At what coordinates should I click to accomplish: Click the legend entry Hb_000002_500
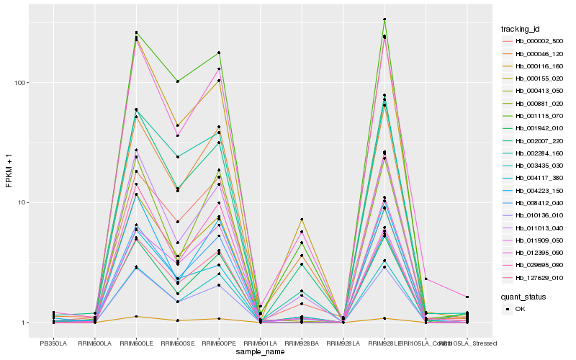[x=534, y=41]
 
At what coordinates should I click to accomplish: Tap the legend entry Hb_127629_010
[x=534, y=278]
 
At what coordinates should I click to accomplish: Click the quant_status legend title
[x=523, y=296]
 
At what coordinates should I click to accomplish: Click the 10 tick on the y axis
[x=21, y=202]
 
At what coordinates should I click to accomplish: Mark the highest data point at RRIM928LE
[x=384, y=19]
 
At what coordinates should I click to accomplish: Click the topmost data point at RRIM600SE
[x=177, y=81]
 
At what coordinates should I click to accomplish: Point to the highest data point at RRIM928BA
[x=302, y=219]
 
